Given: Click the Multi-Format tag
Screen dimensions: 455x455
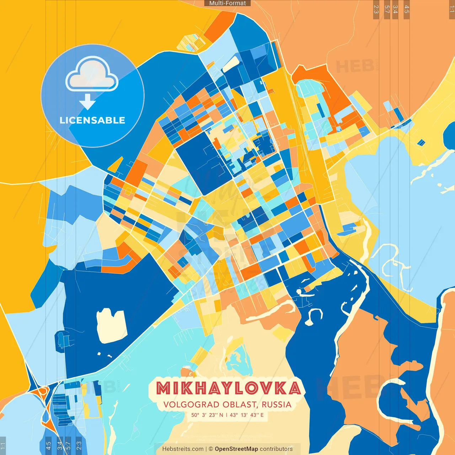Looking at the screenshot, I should click(227, 3).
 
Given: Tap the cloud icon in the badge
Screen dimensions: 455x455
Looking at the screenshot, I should click(92, 74).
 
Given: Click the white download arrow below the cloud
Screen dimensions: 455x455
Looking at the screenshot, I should click(87, 101).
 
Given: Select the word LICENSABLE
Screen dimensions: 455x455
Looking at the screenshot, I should click(92, 121).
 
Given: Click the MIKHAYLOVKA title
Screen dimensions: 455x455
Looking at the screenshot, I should click(228, 388).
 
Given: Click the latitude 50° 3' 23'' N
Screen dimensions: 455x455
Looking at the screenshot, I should click(207, 415).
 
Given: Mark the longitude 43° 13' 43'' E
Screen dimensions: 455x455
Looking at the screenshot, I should click(247, 415).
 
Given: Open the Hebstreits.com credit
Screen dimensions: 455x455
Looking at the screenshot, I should click(183, 449).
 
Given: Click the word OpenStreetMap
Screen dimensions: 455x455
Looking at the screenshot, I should click(236, 449).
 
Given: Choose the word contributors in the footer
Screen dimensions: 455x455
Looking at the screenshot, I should click(276, 449).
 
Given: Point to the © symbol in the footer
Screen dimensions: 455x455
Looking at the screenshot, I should click(211, 449).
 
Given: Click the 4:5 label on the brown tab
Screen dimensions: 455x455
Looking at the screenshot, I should click(407, 9).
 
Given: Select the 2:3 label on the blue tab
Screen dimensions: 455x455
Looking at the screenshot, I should click(79, 445).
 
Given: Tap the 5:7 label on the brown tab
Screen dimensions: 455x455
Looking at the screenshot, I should click(387, 9).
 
